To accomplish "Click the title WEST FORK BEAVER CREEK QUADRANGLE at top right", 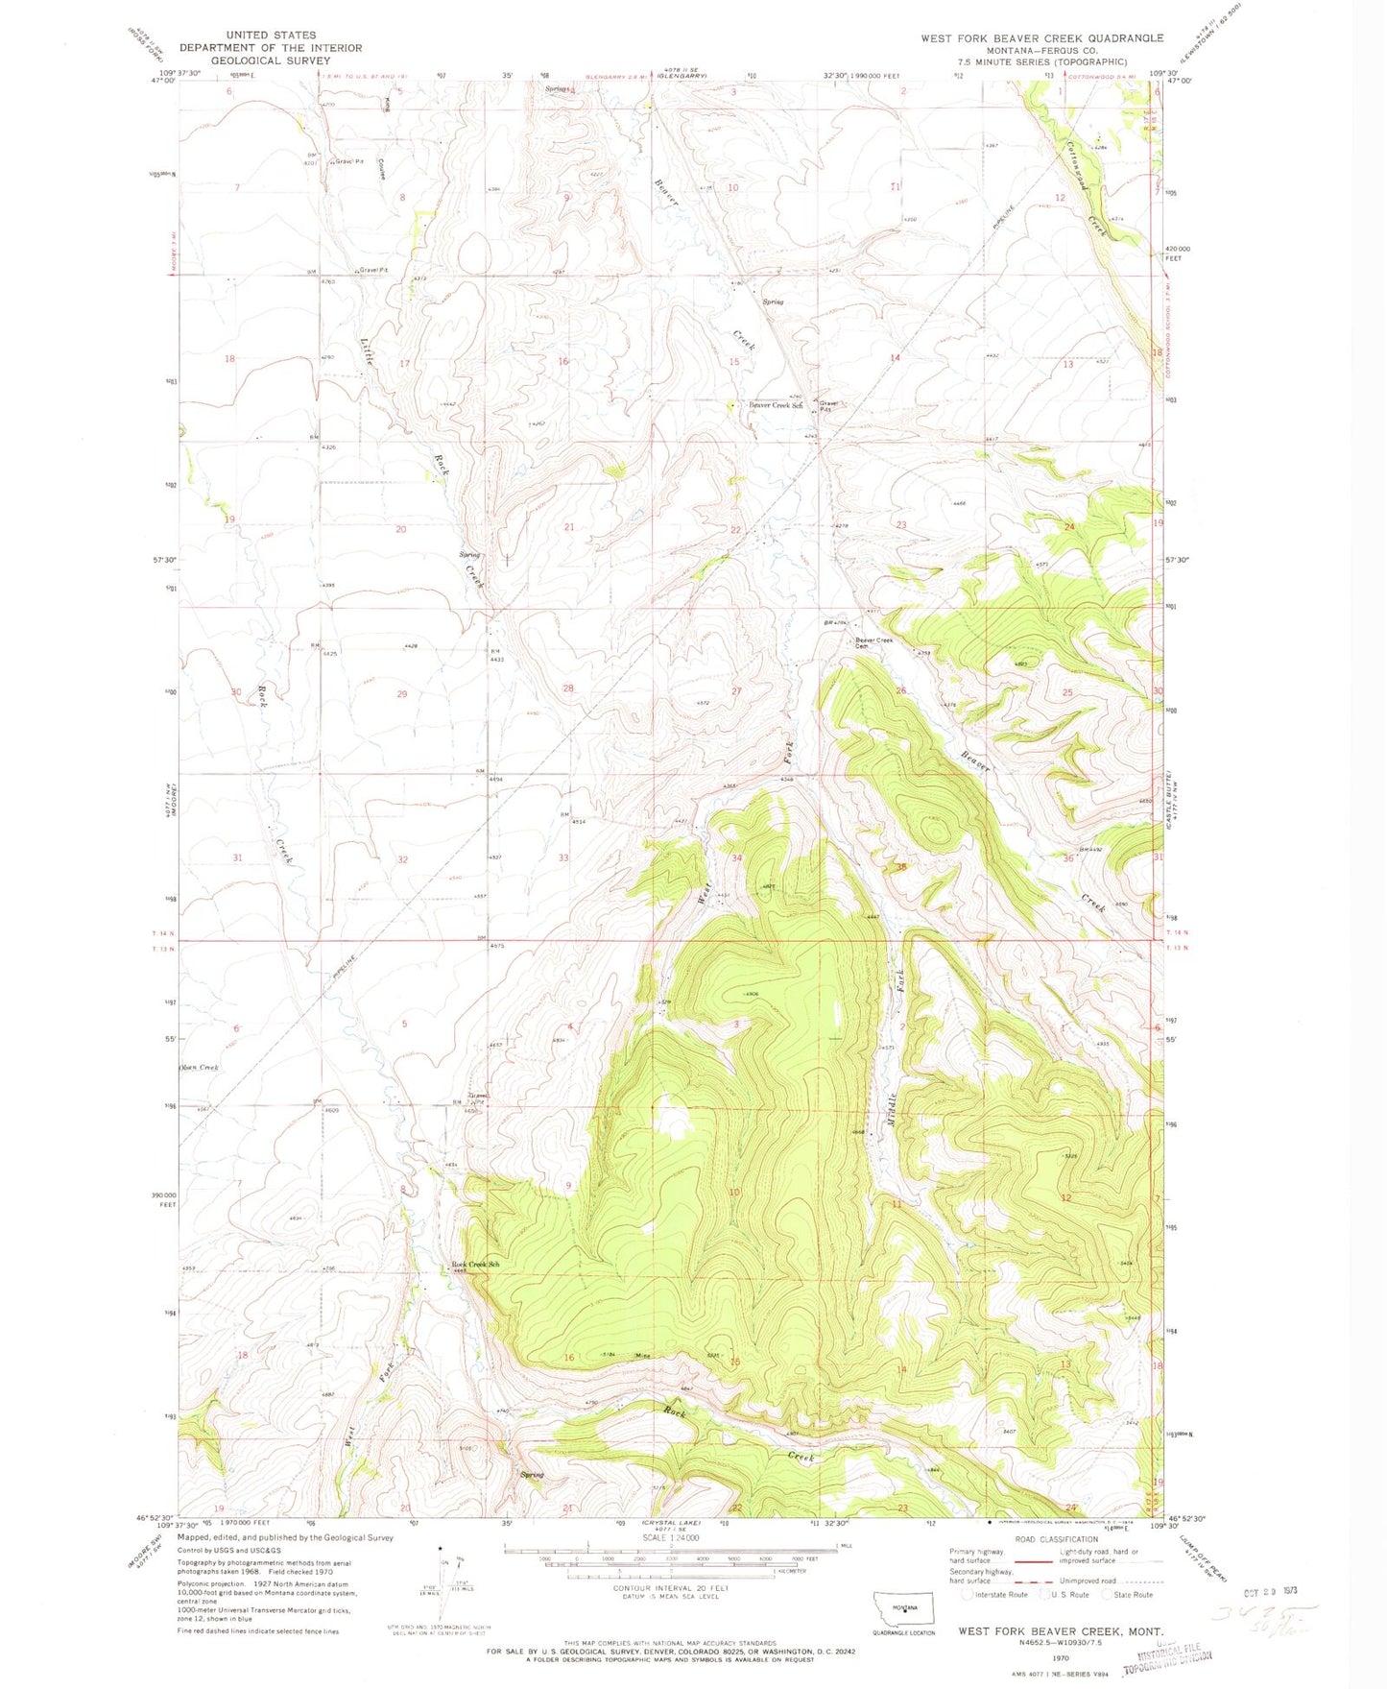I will point(1041,38).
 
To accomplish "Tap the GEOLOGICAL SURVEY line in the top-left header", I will point(271,60).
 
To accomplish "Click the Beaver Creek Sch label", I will point(775,406).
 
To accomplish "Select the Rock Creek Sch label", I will point(476,1265).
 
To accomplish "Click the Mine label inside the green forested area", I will point(643,1356).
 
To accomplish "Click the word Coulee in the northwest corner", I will point(381,169).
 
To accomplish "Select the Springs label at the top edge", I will point(558,89).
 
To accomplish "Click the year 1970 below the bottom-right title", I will point(1061,1657).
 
